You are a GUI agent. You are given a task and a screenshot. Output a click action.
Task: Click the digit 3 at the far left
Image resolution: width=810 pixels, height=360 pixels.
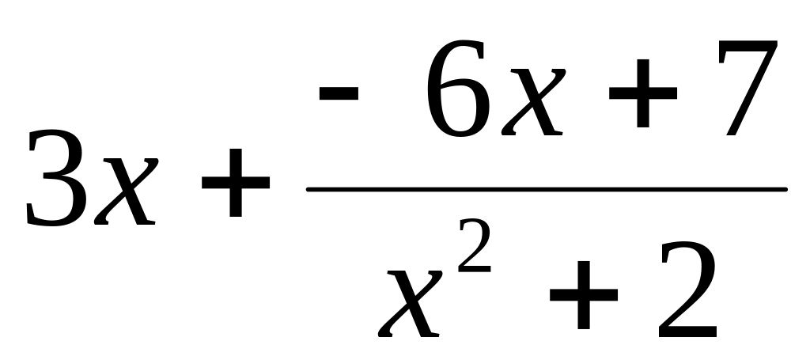[55, 178]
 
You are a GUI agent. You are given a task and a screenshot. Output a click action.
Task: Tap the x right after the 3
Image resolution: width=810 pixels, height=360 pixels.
[124, 190]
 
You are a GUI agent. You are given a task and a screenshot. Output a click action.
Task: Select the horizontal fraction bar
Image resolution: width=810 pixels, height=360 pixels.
[546, 189]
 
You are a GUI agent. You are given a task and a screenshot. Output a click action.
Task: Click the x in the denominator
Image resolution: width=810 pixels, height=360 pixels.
[411, 297]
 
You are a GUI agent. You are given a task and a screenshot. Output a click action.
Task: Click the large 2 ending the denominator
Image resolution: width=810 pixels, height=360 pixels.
[687, 289]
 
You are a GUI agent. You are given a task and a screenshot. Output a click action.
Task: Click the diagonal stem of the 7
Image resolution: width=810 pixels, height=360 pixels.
[744, 99]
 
